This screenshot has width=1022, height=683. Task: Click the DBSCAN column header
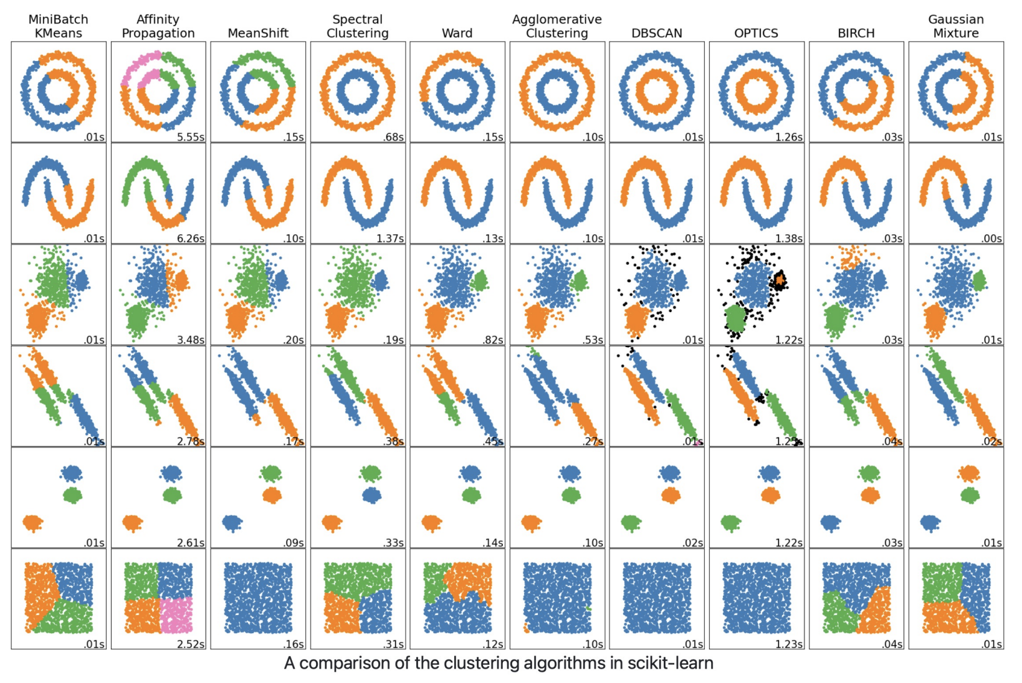(x=656, y=33)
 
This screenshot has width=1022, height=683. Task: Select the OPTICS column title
(x=756, y=33)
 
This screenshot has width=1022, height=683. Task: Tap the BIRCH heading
(x=856, y=33)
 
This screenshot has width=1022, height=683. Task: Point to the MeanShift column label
(x=258, y=33)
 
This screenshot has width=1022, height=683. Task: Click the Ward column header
(x=457, y=33)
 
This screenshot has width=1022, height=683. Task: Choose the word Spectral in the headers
(x=357, y=19)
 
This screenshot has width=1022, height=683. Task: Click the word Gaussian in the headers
(x=956, y=19)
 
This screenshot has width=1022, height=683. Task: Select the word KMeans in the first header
(x=58, y=33)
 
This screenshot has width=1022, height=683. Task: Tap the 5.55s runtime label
(x=191, y=137)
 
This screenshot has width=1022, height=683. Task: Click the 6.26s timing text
(x=191, y=239)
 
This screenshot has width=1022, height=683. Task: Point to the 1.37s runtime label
(x=390, y=239)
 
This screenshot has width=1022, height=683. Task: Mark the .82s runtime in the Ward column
(x=493, y=340)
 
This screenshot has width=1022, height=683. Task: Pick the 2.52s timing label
(x=191, y=644)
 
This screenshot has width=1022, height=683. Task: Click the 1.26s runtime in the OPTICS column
(x=789, y=137)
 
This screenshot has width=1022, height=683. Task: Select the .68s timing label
(x=393, y=137)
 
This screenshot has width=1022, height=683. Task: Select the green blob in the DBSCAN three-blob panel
(x=631, y=523)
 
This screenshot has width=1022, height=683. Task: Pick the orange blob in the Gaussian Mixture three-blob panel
(x=968, y=474)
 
